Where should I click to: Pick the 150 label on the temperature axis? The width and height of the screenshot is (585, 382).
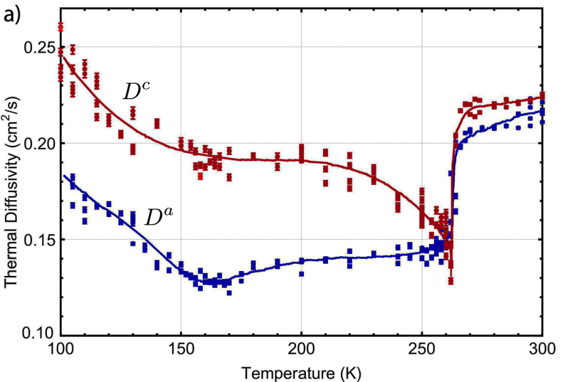coord(181,349)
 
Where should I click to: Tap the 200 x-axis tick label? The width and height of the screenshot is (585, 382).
coord(301,349)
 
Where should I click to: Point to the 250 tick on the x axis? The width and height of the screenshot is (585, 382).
coord(422,349)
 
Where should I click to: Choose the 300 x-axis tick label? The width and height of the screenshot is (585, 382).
coord(542,349)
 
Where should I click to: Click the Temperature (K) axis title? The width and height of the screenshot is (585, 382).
coord(301,373)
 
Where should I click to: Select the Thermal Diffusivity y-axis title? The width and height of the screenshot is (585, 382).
coord(12,192)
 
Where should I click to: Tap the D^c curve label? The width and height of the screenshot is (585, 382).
coord(137,91)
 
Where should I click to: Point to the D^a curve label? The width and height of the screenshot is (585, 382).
coord(159,217)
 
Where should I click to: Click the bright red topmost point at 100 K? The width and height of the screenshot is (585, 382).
coord(60,27)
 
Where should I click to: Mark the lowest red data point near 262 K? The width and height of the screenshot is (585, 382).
coord(451,280)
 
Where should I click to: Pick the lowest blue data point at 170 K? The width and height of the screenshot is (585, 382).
coord(229,293)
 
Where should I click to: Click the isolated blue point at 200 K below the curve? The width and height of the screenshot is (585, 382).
coord(301,274)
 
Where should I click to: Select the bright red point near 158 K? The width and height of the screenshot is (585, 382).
coord(200,176)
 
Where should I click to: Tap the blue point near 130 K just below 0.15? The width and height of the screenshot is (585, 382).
coord(133,243)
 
